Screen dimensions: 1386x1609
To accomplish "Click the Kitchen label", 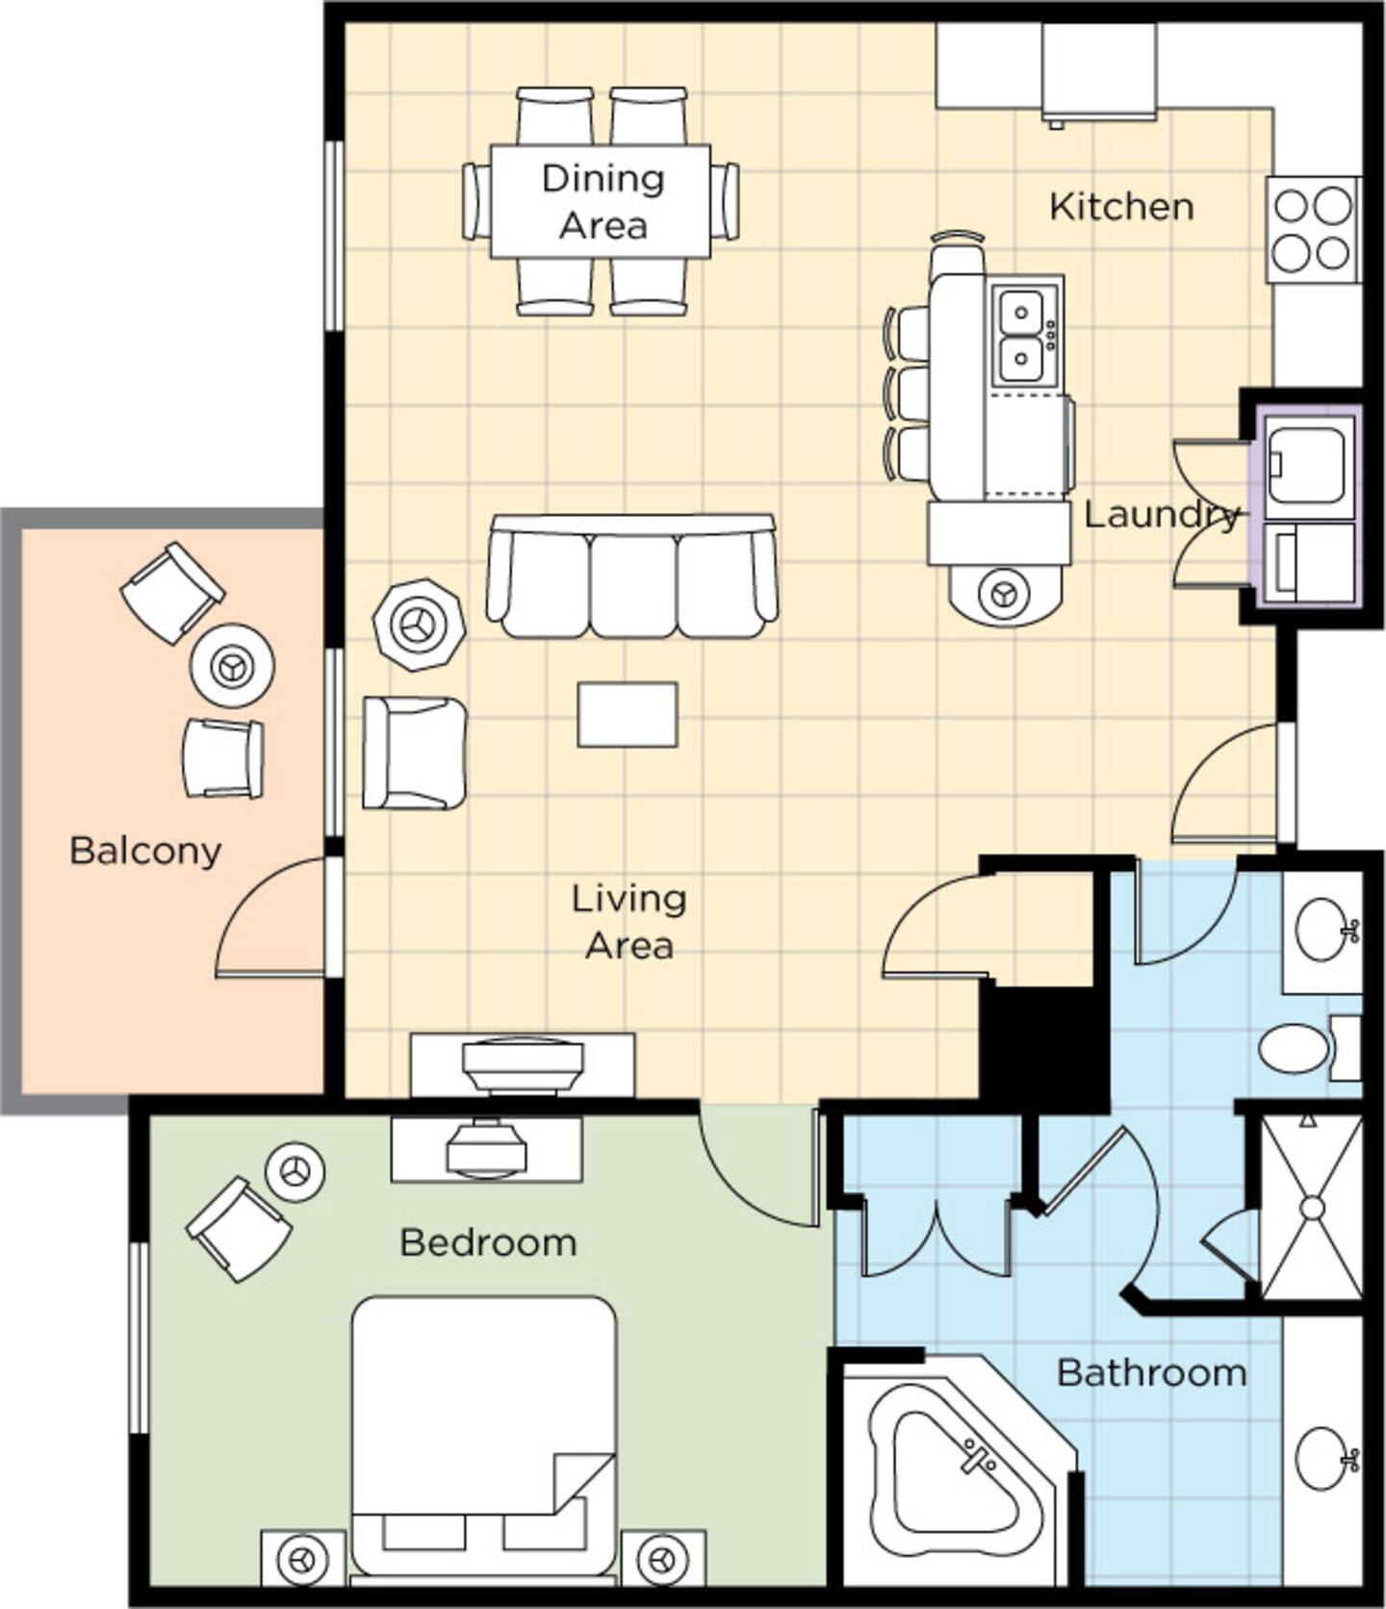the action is click(1121, 206).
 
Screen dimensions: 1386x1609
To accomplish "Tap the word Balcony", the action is click(145, 851).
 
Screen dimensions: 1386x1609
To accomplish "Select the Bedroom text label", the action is click(488, 1242).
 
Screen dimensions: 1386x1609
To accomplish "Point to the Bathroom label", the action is click(1151, 1372).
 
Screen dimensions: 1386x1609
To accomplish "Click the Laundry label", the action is click(1162, 515).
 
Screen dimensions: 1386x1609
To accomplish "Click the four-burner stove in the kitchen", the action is click(1314, 230).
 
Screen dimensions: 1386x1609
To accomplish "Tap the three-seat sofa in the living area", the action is click(632, 575).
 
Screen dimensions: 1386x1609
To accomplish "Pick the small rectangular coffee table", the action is click(628, 715).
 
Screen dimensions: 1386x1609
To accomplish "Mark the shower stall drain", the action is click(1312, 1207).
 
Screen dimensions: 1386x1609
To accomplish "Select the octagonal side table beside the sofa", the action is click(419, 626).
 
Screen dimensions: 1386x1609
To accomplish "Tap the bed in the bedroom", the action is click(483, 1439).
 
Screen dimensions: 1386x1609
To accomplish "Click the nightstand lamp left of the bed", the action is click(302, 1558).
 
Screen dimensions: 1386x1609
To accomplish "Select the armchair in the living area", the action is click(415, 753).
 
